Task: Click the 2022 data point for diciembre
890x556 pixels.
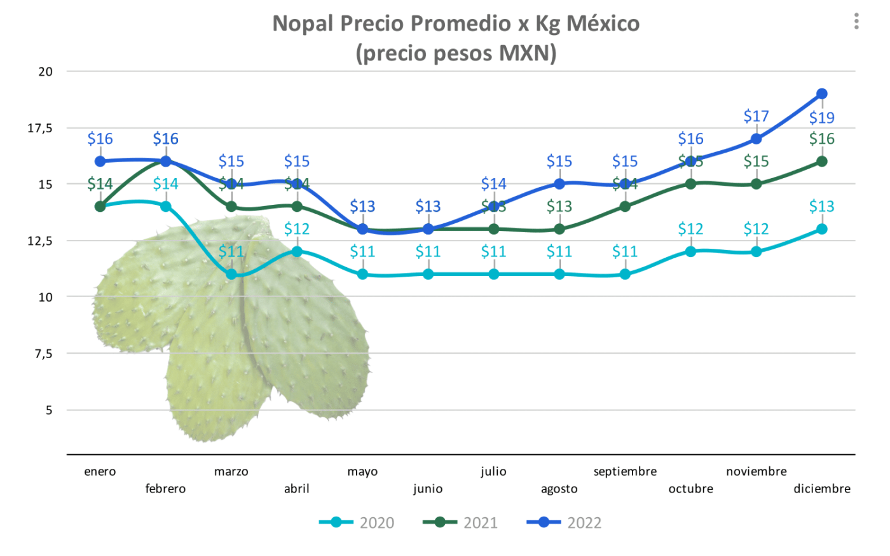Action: point(821,94)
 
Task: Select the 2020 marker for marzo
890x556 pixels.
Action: point(231,274)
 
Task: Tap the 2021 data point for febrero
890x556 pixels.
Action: point(166,162)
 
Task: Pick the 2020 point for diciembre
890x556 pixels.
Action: point(821,229)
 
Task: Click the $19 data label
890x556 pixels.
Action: point(821,118)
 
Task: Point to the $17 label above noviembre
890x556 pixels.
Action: point(756,116)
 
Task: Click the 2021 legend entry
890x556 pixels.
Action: point(461,522)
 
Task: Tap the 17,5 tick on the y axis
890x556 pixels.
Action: point(39,128)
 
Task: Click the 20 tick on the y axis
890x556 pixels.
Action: point(45,71)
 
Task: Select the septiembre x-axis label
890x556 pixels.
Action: point(625,471)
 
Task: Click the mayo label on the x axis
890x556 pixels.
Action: point(362,471)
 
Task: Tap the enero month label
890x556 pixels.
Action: point(100,471)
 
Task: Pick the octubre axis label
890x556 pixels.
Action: point(690,489)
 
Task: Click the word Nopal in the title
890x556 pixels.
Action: point(303,24)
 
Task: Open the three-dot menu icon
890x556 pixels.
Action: point(856,22)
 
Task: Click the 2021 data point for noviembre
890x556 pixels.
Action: point(756,184)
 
